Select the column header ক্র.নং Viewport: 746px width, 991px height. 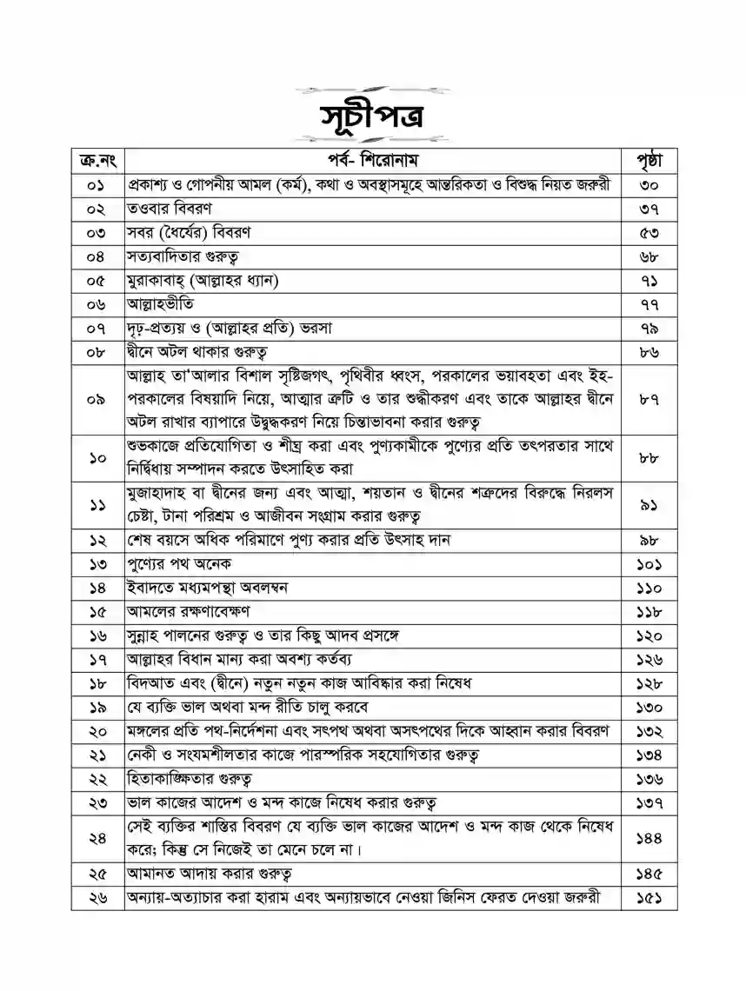tap(97, 162)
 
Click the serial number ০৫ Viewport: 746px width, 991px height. tap(97, 280)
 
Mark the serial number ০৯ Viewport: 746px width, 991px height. tap(97, 399)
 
